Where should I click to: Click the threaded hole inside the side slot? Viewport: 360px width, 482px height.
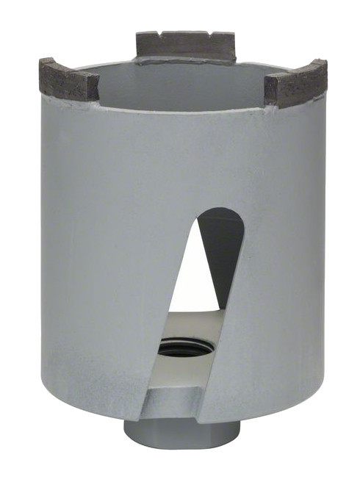point(184,347)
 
